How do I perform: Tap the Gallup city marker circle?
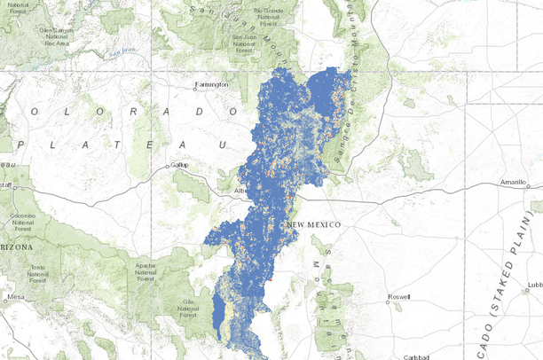(x=167, y=166)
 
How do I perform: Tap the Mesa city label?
(x=15, y=297)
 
